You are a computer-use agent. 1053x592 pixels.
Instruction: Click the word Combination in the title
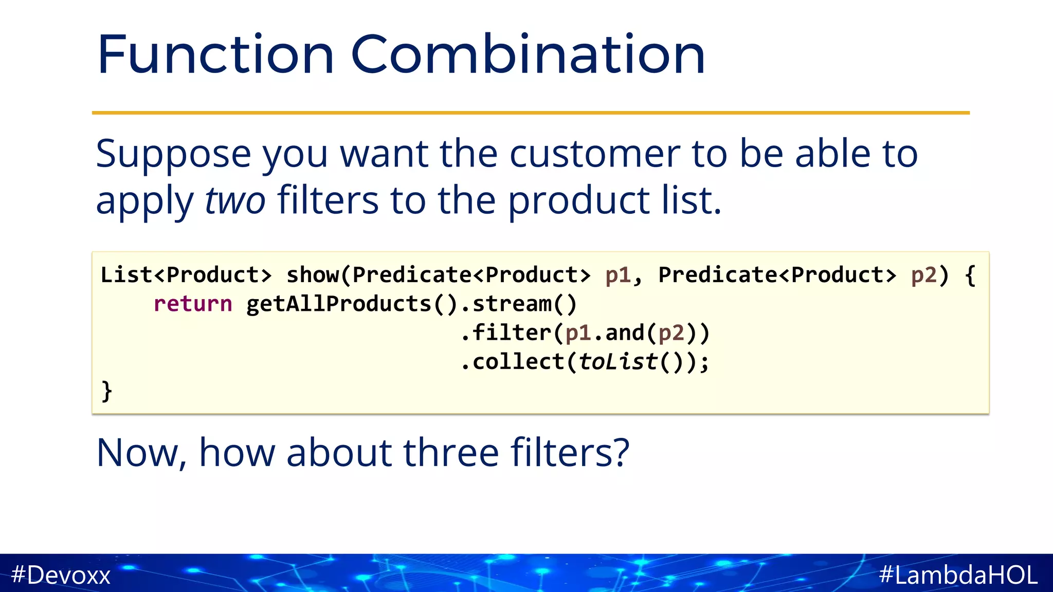pyautogui.click(x=528, y=54)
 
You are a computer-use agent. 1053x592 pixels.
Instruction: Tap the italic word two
pyautogui.click(x=235, y=200)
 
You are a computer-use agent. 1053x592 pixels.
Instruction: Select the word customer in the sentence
pyautogui.click(x=594, y=154)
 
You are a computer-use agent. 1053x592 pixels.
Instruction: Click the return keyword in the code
pyautogui.click(x=193, y=304)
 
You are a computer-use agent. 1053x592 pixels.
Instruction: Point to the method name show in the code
pyautogui.click(x=312, y=275)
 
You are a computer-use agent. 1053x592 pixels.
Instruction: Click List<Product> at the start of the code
pyautogui.click(x=186, y=275)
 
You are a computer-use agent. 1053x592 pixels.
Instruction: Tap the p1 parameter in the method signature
pyautogui.click(x=618, y=276)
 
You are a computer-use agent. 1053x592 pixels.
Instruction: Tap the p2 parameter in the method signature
pyautogui.click(x=923, y=276)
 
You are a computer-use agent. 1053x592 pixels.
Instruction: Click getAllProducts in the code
pyautogui.click(x=338, y=304)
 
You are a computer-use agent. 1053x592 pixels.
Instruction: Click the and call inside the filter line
pyautogui.click(x=624, y=333)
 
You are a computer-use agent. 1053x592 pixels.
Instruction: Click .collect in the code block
pyautogui.click(x=512, y=362)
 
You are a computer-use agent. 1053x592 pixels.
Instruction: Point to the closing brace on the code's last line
pyautogui.click(x=106, y=391)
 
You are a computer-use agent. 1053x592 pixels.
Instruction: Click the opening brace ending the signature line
pyautogui.click(x=970, y=276)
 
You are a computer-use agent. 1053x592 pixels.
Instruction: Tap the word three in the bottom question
pyautogui.click(x=451, y=453)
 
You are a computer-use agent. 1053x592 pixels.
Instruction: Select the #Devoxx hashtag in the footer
pyautogui.click(x=61, y=575)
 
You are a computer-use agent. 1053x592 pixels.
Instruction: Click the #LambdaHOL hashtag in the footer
pyautogui.click(x=958, y=575)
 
